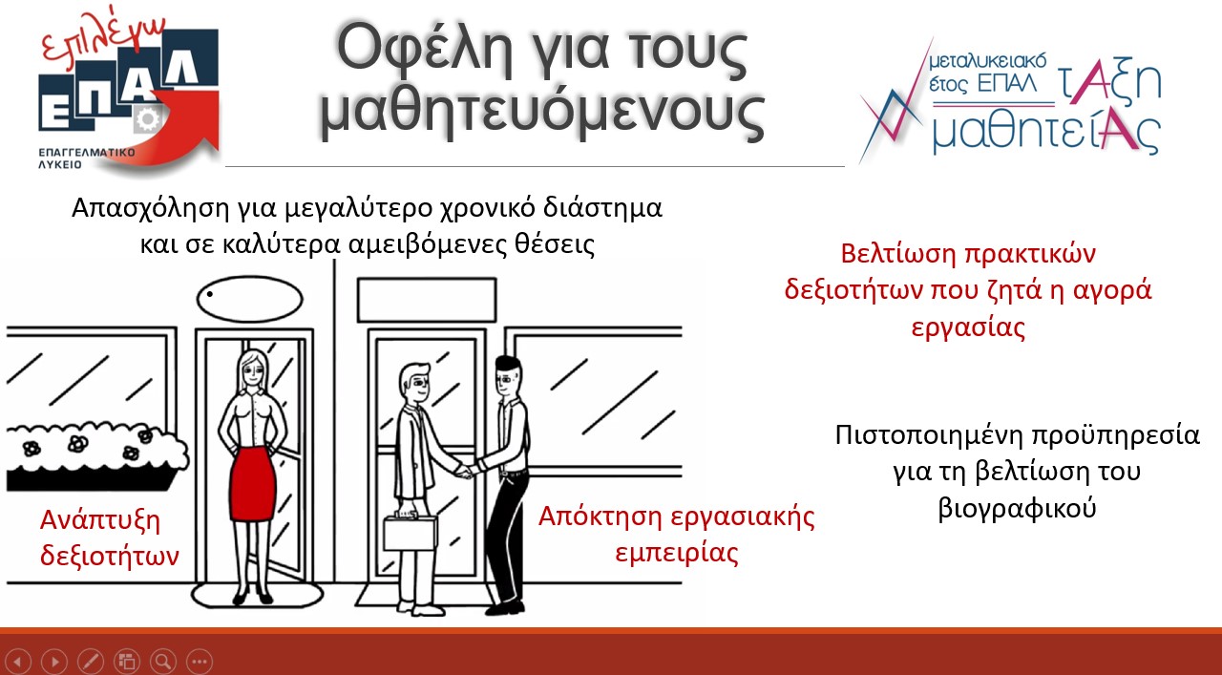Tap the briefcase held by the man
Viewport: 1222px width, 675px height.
[410, 532]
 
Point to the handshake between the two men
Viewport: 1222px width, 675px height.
[465, 470]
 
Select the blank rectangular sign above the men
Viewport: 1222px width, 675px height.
[427, 299]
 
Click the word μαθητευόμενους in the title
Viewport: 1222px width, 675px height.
[541, 113]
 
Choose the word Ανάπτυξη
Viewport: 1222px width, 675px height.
[100, 521]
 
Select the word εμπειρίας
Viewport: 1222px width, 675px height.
[677, 553]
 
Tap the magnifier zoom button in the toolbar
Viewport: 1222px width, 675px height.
[162, 661]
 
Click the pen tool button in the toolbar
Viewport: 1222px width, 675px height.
[90, 661]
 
